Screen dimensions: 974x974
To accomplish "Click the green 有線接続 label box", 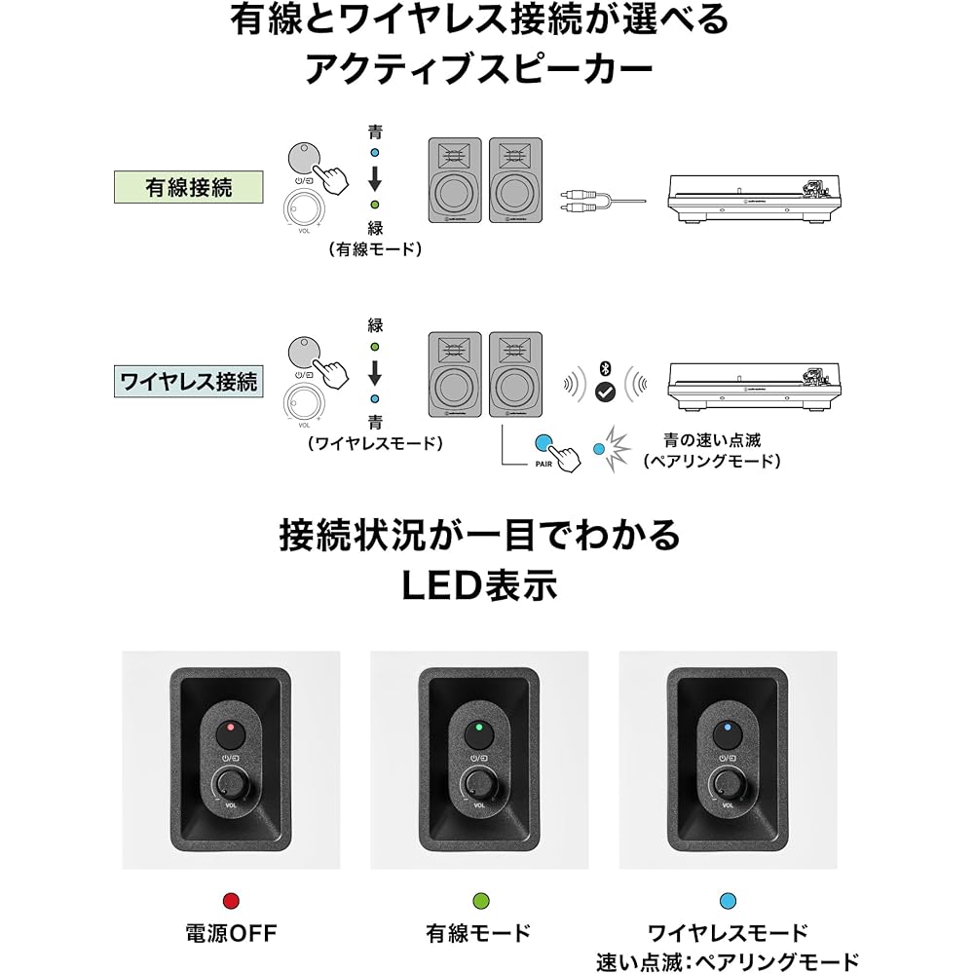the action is tap(188, 187).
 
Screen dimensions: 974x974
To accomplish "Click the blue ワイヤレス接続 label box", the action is tap(188, 382).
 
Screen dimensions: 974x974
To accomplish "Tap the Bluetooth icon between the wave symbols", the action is tap(605, 369).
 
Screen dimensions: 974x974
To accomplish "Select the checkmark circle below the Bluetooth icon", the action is tap(605, 392).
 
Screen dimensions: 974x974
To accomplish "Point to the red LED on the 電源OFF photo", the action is tap(231, 727).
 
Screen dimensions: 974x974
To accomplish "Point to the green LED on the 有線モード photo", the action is tap(478, 727).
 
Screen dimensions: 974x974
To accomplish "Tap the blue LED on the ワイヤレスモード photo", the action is tap(728, 727).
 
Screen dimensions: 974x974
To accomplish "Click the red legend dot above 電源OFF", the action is tap(231, 901).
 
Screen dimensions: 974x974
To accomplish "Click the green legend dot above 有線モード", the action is tap(481, 901).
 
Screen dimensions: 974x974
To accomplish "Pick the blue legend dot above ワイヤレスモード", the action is tap(728, 901).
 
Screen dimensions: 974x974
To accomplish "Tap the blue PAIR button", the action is tap(543, 443).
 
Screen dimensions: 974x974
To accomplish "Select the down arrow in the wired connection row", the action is tap(375, 178).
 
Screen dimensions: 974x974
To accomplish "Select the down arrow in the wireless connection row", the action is tap(375, 373).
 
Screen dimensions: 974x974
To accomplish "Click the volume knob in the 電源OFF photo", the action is tap(231, 784).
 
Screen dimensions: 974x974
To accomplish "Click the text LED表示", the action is tap(479, 585).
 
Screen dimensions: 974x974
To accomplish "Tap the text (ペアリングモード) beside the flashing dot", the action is tap(712, 461).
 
